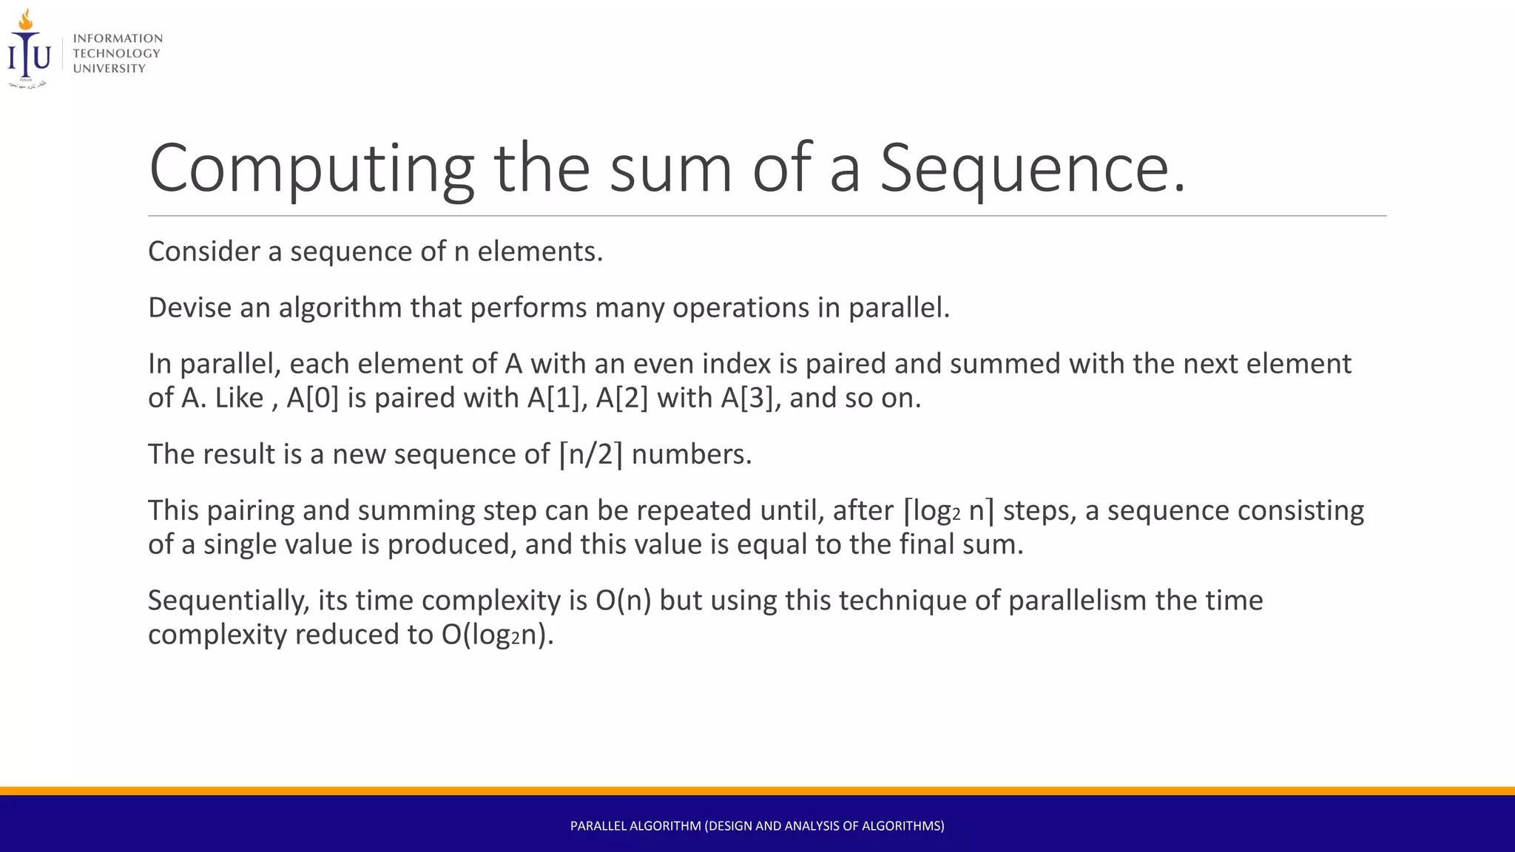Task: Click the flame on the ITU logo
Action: (26, 20)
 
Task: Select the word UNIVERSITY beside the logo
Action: (109, 69)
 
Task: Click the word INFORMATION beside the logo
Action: (118, 38)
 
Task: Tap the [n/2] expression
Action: (590, 454)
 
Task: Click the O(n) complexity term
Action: (623, 601)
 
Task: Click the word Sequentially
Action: (229, 601)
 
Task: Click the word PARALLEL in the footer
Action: (598, 826)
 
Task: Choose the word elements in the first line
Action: (539, 251)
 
